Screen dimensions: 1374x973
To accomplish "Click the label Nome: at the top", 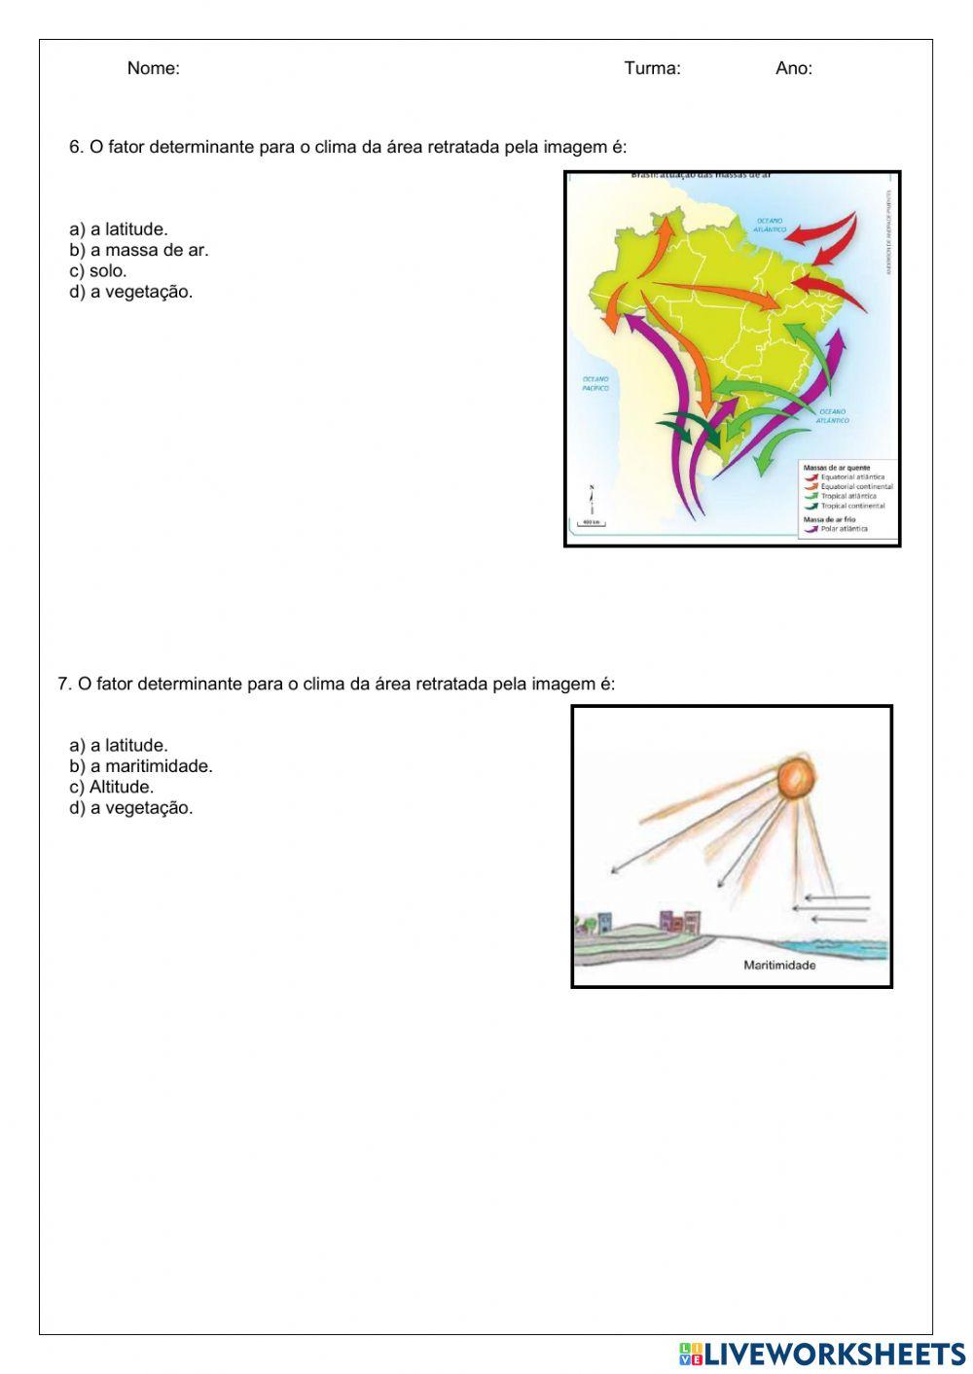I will (x=153, y=68).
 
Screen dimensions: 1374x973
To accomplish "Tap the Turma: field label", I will (x=652, y=68).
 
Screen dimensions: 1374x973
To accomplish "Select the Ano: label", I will (x=793, y=68).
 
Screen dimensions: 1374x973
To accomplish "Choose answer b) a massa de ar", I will (x=138, y=250).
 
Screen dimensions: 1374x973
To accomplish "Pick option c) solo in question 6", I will (x=97, y=270).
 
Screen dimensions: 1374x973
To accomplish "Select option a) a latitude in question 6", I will (x=118, y=229).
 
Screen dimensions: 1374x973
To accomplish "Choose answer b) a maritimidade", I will (x=140, y=766).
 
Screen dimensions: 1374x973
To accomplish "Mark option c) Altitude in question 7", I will (x=111, y=787).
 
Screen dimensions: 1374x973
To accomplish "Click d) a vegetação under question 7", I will (x=130, y=807).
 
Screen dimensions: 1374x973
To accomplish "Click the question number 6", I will (x=75, y=147).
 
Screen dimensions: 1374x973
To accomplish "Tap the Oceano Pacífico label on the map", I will (x=595, y=383).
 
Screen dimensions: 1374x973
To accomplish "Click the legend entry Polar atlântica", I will (x=843, y=529).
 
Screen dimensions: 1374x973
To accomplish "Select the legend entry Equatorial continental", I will (x=855, y=486).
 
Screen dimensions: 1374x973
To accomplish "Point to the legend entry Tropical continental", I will (x=852, y=506).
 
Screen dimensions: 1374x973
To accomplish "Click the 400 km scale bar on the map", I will (x=591, y=522).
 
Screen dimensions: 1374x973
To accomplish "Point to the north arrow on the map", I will (x=592, y=497).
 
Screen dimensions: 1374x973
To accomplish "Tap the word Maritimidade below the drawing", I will (x=779, y=966).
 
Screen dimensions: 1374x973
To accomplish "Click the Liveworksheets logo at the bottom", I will (x=822, y=1354).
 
